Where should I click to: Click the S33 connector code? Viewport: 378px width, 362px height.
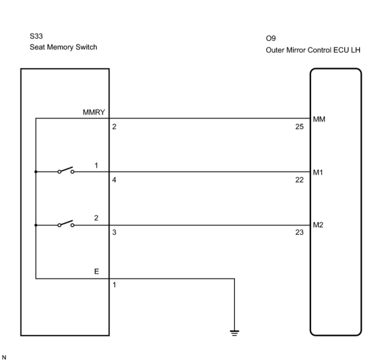click(x=36, y=36)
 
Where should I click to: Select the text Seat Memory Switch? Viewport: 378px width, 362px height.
click(x=63, y=47)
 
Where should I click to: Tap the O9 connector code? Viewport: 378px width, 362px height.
click(x=271, y=39)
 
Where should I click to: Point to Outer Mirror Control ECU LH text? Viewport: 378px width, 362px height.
click(x=313, y=50)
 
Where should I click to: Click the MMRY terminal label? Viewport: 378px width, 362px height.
click(x=94, y=112)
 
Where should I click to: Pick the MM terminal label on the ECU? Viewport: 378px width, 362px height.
click(x=319, y=119)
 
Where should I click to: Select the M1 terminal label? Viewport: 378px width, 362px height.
click(x=318, y=172)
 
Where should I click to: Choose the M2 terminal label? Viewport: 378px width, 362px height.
click(x=318, y=225)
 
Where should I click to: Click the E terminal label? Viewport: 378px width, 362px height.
click(x=97, y=271)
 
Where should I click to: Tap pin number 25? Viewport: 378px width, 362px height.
click(x=299, y=127)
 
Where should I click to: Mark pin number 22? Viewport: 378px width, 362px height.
click(x=299, y=180)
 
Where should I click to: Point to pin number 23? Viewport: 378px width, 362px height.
click(x=299, y=232)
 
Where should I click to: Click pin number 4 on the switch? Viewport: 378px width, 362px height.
click(x=114, y=180)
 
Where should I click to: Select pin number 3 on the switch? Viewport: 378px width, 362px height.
click(x=114, y=232)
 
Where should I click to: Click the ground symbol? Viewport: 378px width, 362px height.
click(x=234, y=333)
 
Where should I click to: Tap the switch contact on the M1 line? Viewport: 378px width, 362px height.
click(x=66, y=171)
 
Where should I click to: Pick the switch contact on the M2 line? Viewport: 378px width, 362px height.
click(x=66, y=224)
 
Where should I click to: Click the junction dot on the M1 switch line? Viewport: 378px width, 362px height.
click(x=36, y=172)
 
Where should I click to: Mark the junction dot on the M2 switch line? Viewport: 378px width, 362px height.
click(x=36, y=225)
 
